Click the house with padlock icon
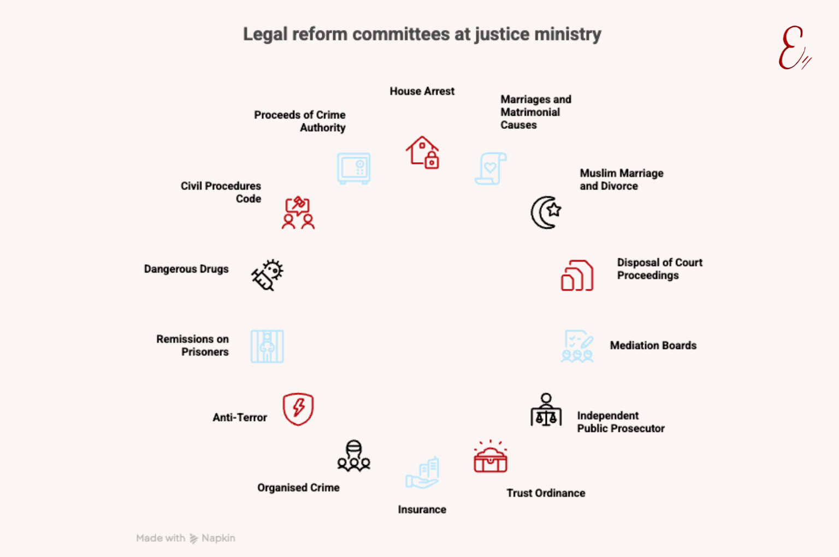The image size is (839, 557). pos(422,152)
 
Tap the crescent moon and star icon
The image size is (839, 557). pos(546,212)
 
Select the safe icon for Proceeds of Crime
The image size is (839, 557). pos(353,168)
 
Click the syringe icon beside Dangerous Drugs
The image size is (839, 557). pos(267,275)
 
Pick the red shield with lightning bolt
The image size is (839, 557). pos(298,409)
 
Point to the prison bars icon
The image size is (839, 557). pos(267,346)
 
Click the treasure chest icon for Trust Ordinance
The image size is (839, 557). pos(490,457)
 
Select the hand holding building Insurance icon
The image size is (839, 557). pos(422,472)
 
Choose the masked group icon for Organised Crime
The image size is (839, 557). pos(353,456)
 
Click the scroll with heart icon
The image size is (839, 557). pos(491,169)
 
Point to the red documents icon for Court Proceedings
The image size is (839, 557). pos(577,275)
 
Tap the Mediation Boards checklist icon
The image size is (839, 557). pos(577,346)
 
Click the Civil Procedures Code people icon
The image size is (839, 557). pos(298,213)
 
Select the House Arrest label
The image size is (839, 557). pos(422,91)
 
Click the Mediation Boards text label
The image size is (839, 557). pos(653,346)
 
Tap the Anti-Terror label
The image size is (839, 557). pos(240,417)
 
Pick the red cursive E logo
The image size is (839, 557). pos(793,48)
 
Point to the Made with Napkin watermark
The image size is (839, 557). pos(186,538)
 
